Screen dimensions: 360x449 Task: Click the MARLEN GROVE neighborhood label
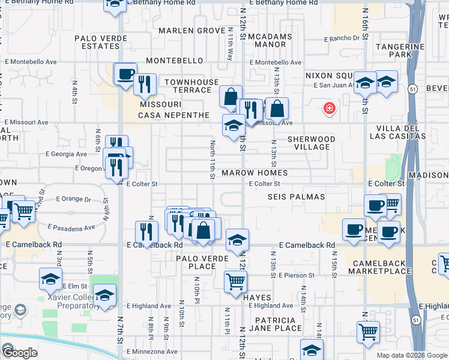click(191, 31)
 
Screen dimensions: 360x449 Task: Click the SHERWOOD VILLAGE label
click(311, 143)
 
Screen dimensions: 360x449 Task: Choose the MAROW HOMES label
click(255, 173)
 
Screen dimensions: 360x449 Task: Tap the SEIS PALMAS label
click(297, 197)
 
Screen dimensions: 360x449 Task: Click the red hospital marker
click(329, 109)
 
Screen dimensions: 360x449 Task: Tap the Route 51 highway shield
click(414, 89)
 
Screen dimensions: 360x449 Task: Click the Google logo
click(19, 353)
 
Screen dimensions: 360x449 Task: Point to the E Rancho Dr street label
click(345, 38)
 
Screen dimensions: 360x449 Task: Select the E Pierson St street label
click(297, 275)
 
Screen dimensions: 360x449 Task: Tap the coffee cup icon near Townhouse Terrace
click(125, 75)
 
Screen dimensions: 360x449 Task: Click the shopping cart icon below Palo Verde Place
click(235, 280)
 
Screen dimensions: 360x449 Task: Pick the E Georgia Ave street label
click(67, 154)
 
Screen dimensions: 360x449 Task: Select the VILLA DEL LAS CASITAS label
click(401, 133)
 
